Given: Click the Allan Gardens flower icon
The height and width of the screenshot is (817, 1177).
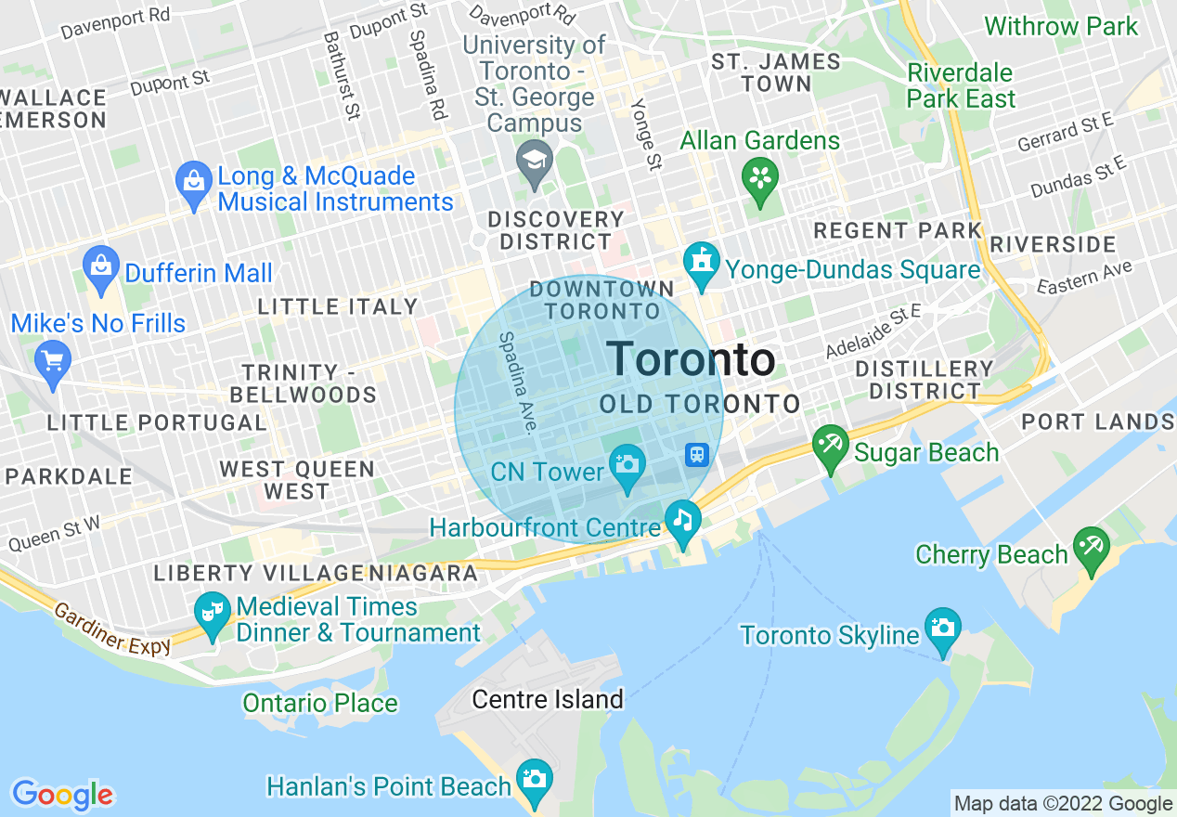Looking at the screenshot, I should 761,176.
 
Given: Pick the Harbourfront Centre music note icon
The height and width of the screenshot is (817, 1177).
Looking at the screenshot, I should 683,520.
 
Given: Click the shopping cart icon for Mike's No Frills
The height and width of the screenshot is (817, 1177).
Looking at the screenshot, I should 52,358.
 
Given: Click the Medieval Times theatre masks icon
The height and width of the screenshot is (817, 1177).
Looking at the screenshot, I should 213,612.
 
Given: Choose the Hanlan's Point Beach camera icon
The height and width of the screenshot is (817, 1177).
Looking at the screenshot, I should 535,780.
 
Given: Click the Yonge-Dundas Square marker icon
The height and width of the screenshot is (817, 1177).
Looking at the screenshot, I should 702,264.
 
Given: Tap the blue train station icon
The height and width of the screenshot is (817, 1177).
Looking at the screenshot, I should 697,455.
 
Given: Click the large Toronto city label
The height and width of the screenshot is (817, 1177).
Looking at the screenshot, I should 691,359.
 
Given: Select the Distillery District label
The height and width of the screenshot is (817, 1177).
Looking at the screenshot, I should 924,380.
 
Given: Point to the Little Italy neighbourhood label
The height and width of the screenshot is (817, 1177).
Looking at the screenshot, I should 338,306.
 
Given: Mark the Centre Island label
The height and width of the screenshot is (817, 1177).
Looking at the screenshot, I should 548,698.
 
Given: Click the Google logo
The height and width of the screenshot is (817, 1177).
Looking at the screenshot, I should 62,795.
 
